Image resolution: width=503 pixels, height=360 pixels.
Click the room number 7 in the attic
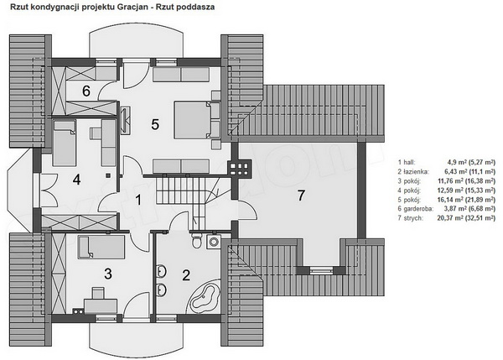point(301,196)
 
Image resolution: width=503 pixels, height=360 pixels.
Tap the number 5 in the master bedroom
point(155,124)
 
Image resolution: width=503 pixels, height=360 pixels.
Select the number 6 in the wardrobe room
point(86,91)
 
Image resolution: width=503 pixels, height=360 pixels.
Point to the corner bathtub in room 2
point(205,296)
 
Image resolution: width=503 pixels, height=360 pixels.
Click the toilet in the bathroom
point(197,240)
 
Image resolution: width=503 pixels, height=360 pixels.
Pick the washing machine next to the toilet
point(213,241)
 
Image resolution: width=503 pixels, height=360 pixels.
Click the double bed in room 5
point(193,120)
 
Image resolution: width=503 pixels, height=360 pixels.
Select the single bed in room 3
point(101,247)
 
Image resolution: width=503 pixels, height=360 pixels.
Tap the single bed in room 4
point(65,143)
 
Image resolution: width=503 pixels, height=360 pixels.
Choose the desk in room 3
point(101,305)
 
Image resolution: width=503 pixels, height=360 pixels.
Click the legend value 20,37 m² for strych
point(449,218)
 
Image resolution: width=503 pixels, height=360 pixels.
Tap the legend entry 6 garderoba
point(416,209)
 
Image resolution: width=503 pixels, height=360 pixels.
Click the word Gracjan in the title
point(132,7)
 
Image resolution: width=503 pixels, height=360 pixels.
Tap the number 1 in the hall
point(138,200)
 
